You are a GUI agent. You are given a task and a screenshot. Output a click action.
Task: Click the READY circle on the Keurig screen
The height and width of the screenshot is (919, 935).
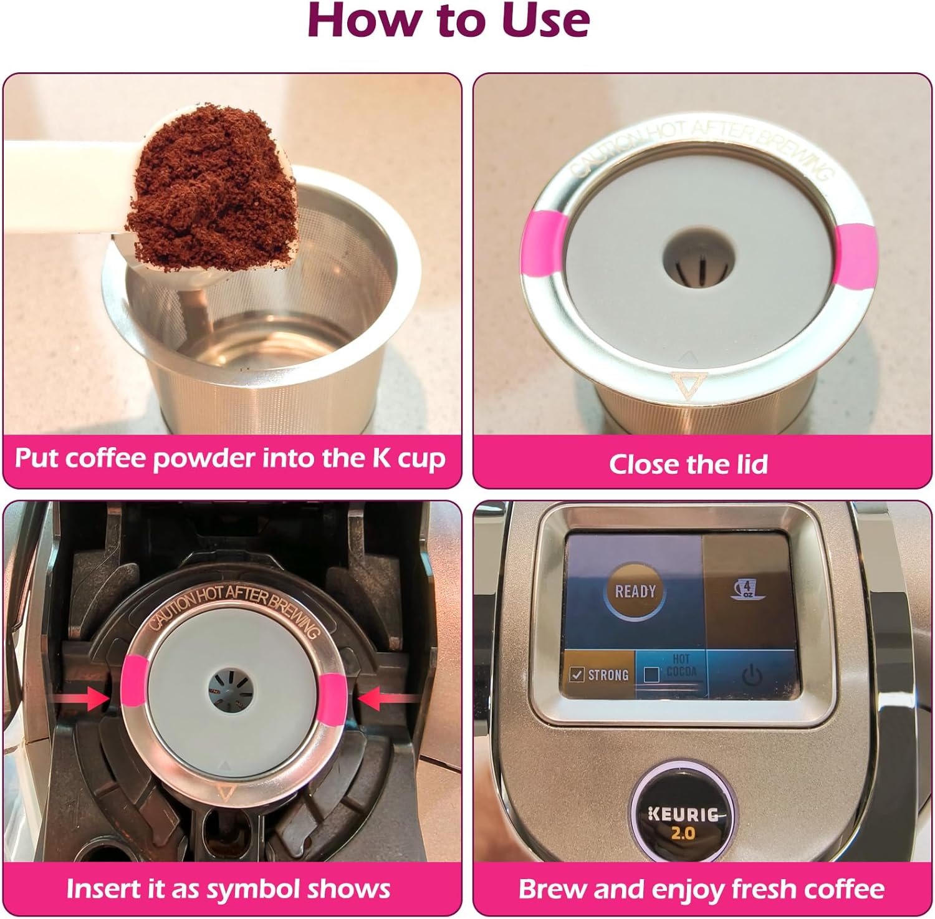pos(635,591)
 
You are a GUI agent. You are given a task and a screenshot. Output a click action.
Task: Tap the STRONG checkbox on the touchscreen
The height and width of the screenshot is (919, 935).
pos(577,675)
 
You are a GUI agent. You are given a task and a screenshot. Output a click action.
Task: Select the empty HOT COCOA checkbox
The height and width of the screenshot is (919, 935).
pos(651,675)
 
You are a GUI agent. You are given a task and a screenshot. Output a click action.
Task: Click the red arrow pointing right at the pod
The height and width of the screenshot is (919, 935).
pos(84,698)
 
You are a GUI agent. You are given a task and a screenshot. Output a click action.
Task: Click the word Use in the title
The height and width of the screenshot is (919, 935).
pos(545,20)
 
